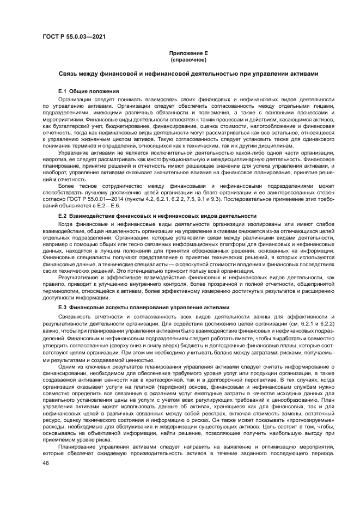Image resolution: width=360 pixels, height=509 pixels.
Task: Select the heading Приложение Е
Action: point(186,53)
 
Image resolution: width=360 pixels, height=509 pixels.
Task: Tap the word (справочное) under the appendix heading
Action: point(186,59)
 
